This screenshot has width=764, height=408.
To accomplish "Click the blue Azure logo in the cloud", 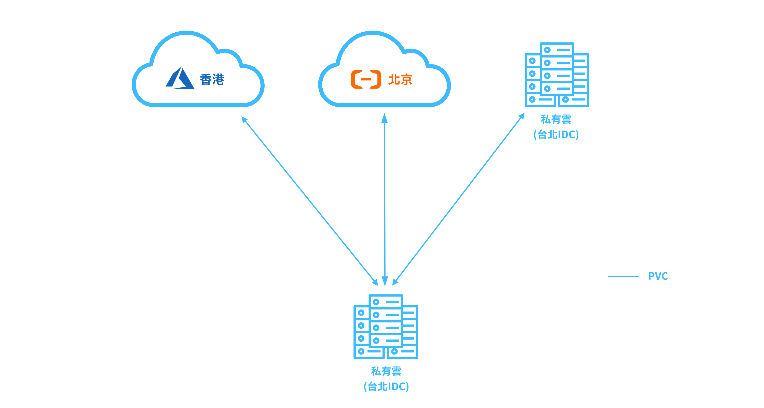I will pos(180,78).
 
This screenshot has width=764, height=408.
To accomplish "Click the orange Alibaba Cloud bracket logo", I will pos(366,79).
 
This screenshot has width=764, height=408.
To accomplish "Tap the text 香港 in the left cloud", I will pos(212,80).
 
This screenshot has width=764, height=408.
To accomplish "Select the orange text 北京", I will pos(400,80).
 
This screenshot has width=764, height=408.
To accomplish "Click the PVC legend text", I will pos(658,276).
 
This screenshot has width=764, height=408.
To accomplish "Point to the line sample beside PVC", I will pos(623,276).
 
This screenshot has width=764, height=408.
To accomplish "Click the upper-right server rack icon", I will pos(557,74).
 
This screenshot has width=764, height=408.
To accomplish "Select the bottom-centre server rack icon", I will pos(386,326).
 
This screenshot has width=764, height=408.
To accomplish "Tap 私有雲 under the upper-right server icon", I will pos(556,119).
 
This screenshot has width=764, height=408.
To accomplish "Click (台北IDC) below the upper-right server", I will pos(556,135).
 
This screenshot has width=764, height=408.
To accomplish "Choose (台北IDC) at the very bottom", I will pos(386,386).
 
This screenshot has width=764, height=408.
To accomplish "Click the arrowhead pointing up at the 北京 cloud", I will pos(384,118).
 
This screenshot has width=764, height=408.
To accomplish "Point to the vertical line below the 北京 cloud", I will pos(385,199).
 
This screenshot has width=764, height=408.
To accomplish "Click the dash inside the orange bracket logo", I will pos(366,79).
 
